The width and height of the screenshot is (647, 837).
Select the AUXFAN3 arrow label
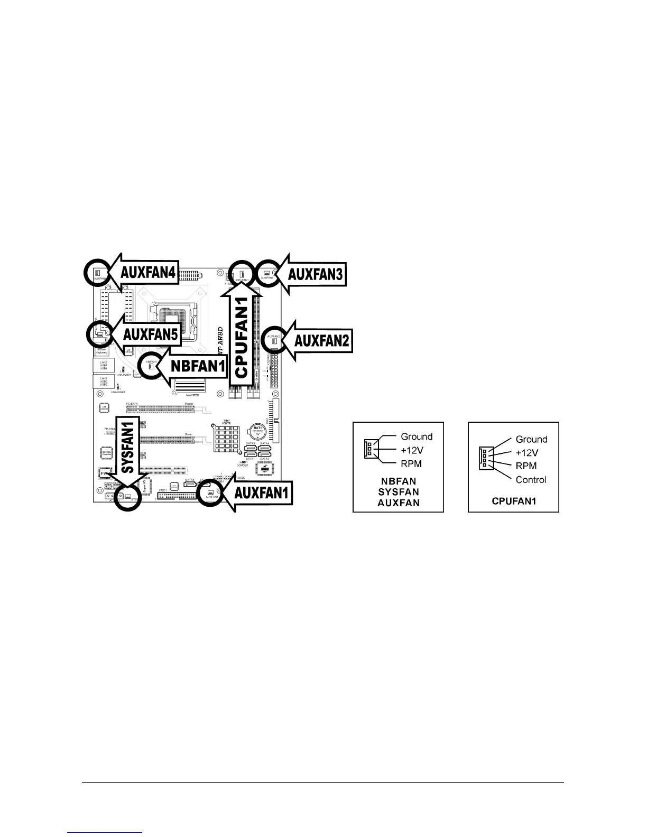pos(316,274)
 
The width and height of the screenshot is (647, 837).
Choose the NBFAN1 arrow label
pos(198,366)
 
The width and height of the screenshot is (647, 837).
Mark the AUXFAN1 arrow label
pos(262,494)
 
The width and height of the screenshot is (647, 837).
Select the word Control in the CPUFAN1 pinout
pos(531,480)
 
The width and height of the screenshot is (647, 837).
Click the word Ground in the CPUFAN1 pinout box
pos(531,439)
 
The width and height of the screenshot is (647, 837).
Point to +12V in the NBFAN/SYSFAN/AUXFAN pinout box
pos(413,450)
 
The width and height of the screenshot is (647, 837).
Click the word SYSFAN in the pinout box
pos(399,492)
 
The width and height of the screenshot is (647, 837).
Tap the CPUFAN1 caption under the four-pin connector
pos(514,501)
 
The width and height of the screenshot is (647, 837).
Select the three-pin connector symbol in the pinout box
pos(368,450)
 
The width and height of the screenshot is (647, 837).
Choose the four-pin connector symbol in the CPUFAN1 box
pos(484,458)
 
